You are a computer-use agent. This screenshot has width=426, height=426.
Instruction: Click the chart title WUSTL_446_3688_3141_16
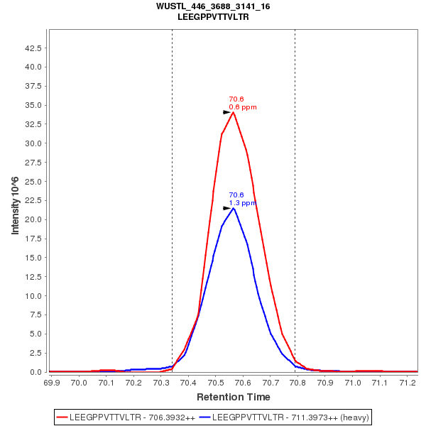[213, 6]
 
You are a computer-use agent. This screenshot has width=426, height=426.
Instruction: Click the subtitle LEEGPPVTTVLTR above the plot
[213, 16]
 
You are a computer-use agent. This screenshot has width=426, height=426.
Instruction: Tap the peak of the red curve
[233, 112]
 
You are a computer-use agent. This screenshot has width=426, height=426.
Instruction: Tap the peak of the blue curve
[233, 208]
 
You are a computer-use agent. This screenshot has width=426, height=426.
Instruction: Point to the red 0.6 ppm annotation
[243, 107]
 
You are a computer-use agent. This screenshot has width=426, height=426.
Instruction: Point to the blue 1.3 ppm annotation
[243, 203]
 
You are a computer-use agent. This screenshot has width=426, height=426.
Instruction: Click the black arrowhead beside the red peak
[226, 112]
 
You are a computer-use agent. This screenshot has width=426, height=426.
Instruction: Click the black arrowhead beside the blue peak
[226, 208]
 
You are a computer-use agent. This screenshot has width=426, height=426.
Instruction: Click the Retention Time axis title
[233, 397]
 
